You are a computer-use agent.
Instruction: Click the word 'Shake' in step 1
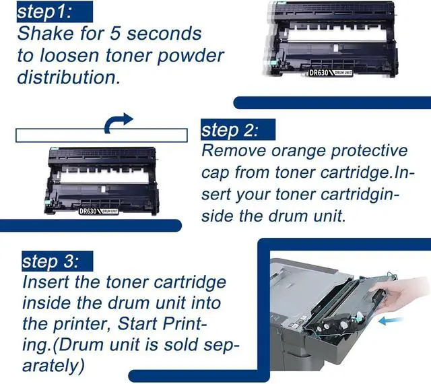click(x=46, y=33)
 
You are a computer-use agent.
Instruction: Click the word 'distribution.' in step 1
click(x=69, y=77)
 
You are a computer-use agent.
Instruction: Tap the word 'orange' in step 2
click(x=298, y=152)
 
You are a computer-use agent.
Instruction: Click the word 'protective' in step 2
click(x=369, y=151)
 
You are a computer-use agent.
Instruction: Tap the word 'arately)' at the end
click(x=53, y=366)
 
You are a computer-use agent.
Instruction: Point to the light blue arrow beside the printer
click(x=391, y=320)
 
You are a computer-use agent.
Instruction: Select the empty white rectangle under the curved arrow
click(x=102, y=135)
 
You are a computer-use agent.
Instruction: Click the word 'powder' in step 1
click(x=191, y=56)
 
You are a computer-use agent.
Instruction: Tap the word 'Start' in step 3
click(x=137, y=323)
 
